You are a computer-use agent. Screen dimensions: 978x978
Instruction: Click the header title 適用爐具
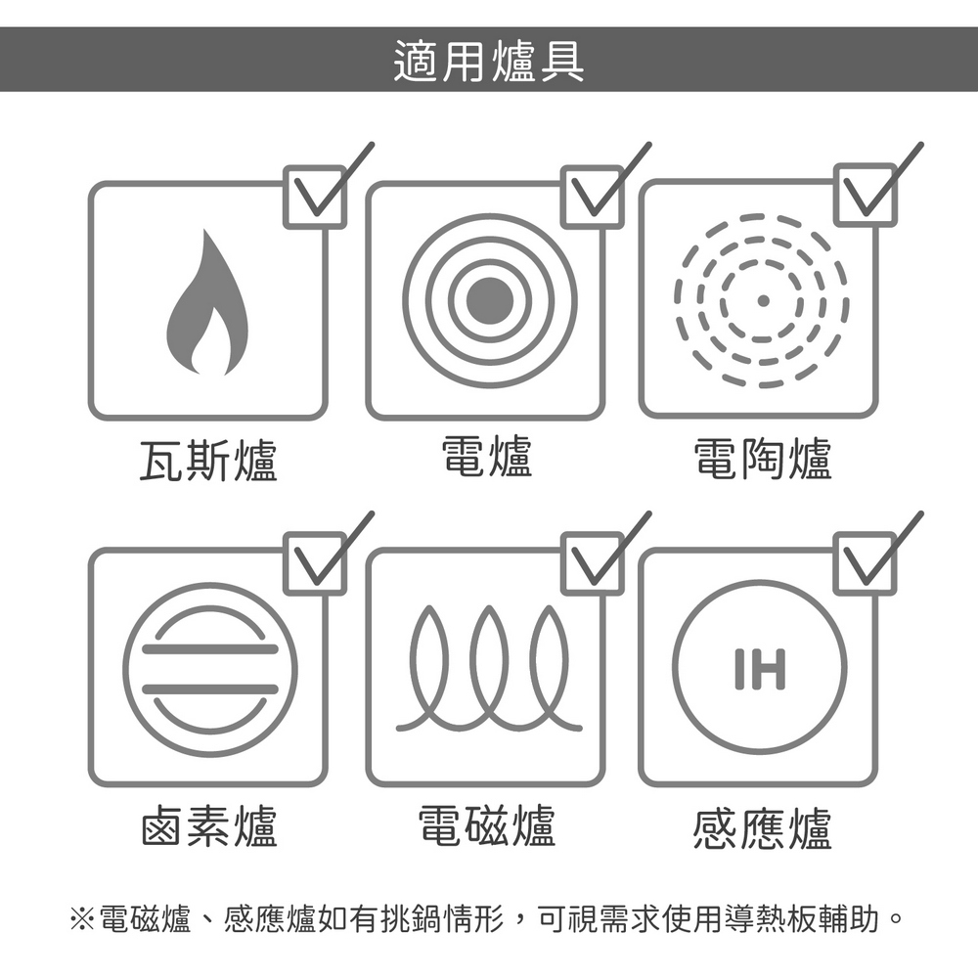point(489,61)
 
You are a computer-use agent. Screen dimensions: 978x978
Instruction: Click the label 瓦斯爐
point(208,460)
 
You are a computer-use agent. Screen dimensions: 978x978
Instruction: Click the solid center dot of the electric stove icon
point(490,300)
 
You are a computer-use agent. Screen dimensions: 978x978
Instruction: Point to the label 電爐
point(486,457)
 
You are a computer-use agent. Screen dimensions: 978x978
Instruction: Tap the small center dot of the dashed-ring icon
point(762,300)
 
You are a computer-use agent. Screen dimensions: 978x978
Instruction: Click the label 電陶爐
point(763,459)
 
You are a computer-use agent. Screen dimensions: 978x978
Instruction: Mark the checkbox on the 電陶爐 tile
point(866,195)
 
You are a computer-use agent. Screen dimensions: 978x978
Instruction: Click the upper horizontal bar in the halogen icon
point(209,649)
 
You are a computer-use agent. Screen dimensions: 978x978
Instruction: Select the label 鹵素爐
point(209,825)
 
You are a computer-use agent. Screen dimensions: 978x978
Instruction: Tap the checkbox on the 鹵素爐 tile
point(315,563)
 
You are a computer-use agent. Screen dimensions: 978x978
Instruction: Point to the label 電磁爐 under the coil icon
point(486,825)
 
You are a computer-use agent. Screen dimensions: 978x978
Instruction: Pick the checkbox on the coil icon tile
point(592,563)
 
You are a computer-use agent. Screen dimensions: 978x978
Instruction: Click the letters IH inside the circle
point(760,669)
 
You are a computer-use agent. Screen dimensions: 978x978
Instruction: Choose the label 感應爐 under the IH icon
point(762,827)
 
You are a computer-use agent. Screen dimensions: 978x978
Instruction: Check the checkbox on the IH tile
point(866,563)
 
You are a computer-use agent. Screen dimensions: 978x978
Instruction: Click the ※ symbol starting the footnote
point(82,918)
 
